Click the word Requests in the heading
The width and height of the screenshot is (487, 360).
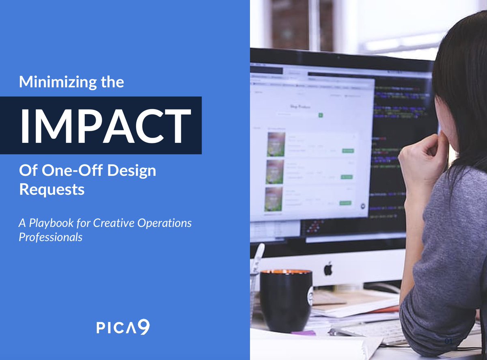(x=52, y=190)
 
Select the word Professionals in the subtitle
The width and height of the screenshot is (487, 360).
(x=50, y=237)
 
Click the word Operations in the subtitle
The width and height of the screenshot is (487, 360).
(x=166, y=223)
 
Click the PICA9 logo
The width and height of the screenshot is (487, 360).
(x=123, y=327)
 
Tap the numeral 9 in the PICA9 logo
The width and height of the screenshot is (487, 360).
(x=144, y=327)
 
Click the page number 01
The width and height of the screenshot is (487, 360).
(x=448, y=341)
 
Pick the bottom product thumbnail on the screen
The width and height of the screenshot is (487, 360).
(x=274, y=199)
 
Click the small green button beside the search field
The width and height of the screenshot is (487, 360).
(x=321, y=115)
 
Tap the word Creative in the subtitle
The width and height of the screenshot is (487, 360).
(x=111, y=223)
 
